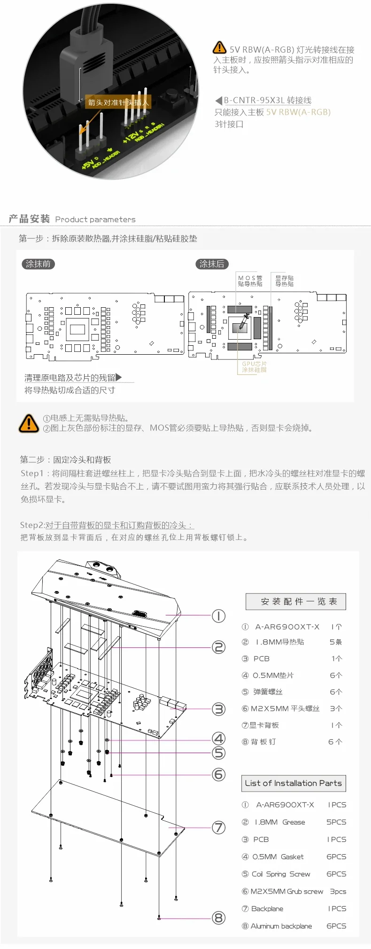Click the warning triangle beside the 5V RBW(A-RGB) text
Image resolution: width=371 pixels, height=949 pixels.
219,48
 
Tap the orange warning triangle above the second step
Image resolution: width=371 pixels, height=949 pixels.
29,423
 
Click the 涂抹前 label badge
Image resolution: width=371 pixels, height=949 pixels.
39,264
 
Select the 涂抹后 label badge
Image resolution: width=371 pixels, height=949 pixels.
212,264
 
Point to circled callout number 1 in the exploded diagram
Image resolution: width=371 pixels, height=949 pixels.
219,615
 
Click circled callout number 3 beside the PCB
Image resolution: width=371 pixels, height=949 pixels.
219,709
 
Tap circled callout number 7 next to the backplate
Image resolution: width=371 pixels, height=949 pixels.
219,827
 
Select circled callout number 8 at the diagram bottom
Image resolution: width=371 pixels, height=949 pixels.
219,918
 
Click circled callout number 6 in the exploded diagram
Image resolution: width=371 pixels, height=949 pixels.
219,774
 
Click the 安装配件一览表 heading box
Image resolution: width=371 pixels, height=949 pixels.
296,601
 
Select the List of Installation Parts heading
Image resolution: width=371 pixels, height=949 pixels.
294,783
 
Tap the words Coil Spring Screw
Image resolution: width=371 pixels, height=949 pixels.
281,874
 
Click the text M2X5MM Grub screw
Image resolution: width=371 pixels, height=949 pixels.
287,891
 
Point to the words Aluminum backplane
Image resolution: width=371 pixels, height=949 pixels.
281,926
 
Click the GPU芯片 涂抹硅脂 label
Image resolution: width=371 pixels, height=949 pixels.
254,367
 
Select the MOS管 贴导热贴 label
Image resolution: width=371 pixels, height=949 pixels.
250,281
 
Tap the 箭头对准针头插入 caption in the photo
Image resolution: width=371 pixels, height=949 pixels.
118,102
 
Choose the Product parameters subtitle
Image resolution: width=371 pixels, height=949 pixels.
95,219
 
